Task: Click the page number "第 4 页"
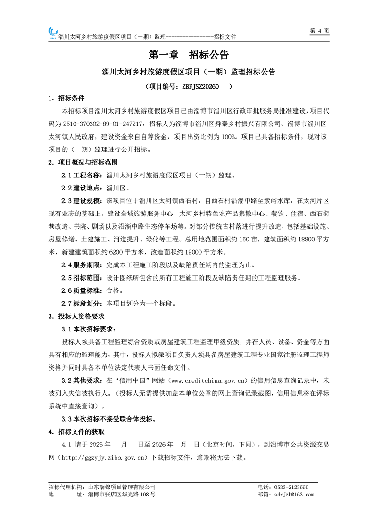pyautogui.click(x=319, y=31)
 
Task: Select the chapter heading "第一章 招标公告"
pyautogui.click(x=188, y=55)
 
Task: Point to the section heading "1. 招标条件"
pyautogui.click(x=66, y=99)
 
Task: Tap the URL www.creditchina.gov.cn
pyautogui.click(x=206, y=380)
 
